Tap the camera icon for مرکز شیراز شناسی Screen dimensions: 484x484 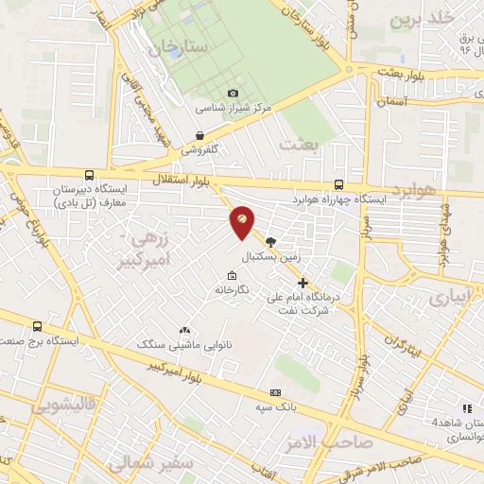233,93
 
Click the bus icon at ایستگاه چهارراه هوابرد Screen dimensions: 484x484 338,185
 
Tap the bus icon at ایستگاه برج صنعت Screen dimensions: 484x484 37,326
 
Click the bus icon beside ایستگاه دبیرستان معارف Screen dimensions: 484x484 89,175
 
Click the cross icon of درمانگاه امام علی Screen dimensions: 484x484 302,282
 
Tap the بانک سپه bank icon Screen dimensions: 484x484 275,392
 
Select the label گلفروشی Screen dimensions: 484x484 200,149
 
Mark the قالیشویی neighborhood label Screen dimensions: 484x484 63,406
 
